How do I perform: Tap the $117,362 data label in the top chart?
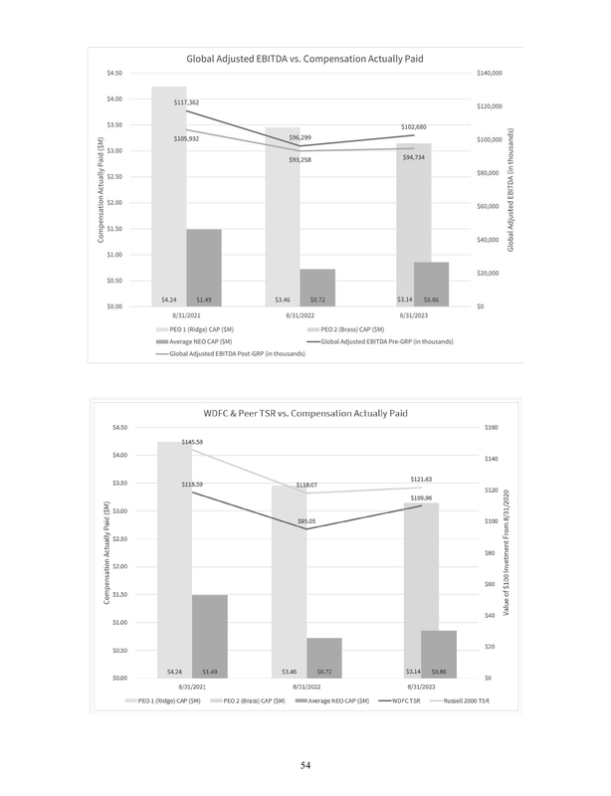click(186, 102)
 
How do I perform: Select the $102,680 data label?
click(413, 127)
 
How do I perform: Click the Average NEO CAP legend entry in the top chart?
click(194, 340)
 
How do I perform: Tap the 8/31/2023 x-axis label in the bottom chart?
click(418, 687)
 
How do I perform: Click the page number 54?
click(305, 764)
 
